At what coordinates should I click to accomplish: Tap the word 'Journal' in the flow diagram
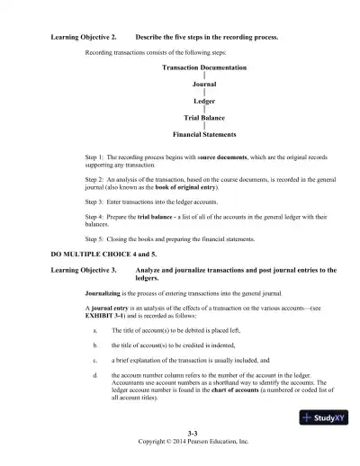(205, 85)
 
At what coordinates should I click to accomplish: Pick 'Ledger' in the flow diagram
(204, 102)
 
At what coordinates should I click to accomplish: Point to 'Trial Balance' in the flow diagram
(204, 118)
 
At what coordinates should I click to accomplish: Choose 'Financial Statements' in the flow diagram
(204, 135)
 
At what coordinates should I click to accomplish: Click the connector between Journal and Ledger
(205, 94)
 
